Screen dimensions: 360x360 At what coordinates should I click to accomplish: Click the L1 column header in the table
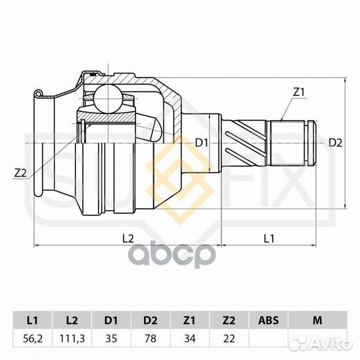33,320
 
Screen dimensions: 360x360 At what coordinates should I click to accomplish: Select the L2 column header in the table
72,320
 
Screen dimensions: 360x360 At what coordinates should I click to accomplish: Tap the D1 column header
111,320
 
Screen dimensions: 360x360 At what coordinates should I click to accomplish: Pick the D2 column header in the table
151,320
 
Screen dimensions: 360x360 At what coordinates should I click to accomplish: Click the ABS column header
268,320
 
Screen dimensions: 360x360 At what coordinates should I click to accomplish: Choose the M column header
317,320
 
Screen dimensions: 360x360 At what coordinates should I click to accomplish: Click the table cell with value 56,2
33,339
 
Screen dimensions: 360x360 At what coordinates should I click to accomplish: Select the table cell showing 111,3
72,339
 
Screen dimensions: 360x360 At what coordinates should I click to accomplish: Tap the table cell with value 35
111,339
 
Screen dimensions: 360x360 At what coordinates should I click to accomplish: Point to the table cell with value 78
151,339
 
